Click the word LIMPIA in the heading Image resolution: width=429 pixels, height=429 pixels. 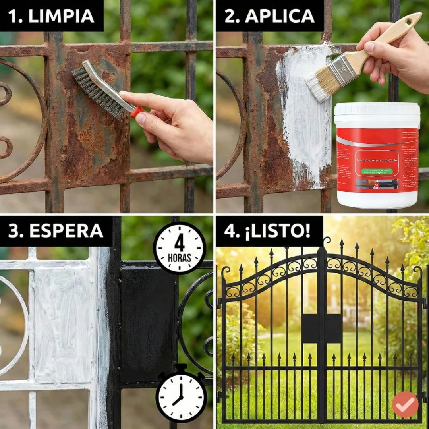(61, 16)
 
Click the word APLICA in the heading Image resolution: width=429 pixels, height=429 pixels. (280, 16)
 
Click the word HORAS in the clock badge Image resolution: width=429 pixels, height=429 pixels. (180, 257)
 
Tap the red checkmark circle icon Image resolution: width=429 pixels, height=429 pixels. (405, 404)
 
